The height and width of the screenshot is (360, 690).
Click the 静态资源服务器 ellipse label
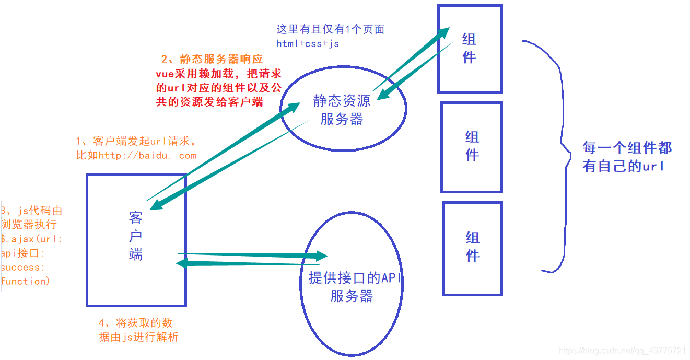click(342, 109)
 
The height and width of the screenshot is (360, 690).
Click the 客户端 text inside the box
click(136, 236)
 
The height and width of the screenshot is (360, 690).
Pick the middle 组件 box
click(472, 146)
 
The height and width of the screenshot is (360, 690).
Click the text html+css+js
click(308, 43)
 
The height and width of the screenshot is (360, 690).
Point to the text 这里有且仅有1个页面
click(330, 29)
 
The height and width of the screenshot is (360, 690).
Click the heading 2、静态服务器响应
click(212, 59)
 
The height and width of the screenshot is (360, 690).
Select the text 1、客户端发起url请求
click(136, 142)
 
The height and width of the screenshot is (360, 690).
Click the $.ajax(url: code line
click(31, 239)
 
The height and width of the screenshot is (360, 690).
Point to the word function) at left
click(25, 281)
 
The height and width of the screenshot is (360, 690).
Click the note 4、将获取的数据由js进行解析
click(138, 330)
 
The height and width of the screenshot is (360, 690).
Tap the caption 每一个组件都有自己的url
click(627, 157)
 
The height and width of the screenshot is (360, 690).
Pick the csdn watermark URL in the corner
click(622, 350)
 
